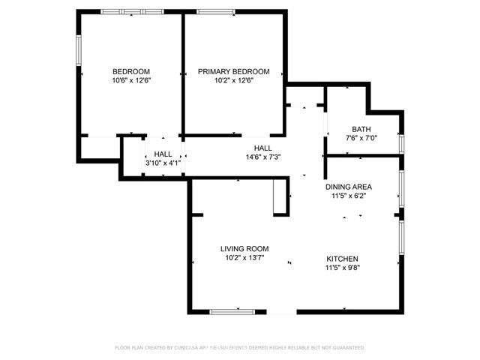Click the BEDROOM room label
pos(131,71)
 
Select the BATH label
pos(351,129)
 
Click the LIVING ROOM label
pos(244,249)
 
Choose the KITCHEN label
pos(341,259)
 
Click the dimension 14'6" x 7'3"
pos(262,157)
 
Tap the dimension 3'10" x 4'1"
pos(163,162)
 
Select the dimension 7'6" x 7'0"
pos(351,138)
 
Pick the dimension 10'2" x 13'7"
pos(244,258)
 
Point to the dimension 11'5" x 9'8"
pos(341,268)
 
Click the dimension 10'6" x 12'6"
pos(131,80)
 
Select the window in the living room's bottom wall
pos(236,311)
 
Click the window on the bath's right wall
pos(402,142)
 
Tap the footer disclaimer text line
pos(239,348)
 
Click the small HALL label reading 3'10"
pos(163,153)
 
